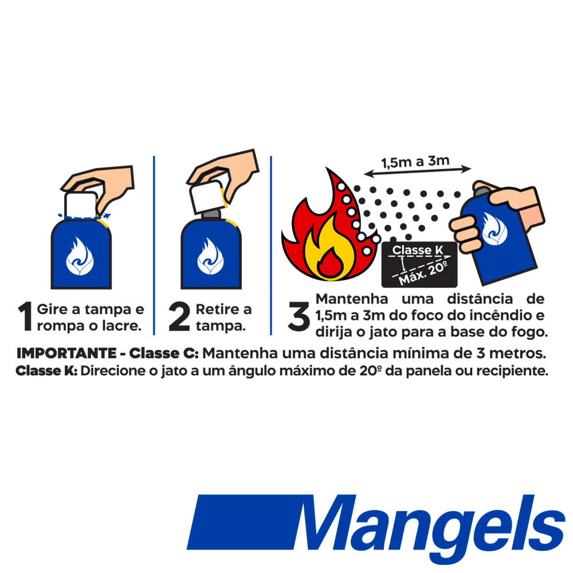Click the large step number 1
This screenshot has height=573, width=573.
pos(26,316)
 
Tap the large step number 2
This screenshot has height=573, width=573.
pos(179,316)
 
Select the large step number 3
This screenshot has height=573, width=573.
pos(299,316)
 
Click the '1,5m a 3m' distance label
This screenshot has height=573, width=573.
pos(415,162)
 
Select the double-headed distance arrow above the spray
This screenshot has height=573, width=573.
pos(417,172)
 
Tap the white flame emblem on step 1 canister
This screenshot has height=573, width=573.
pos(80,256)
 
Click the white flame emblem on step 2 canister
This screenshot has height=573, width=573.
pos(210,256)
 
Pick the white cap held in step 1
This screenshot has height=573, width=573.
pos(81,205)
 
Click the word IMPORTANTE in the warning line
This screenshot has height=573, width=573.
pos(66,354)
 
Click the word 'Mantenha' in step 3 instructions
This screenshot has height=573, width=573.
pos(352,299)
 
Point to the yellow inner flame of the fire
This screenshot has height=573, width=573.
pos(329,249)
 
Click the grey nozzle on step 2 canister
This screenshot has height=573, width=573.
pos(211,214)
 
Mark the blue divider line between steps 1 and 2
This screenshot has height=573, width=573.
pos(154,245)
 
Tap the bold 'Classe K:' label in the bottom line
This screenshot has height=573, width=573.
pos(46,371)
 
